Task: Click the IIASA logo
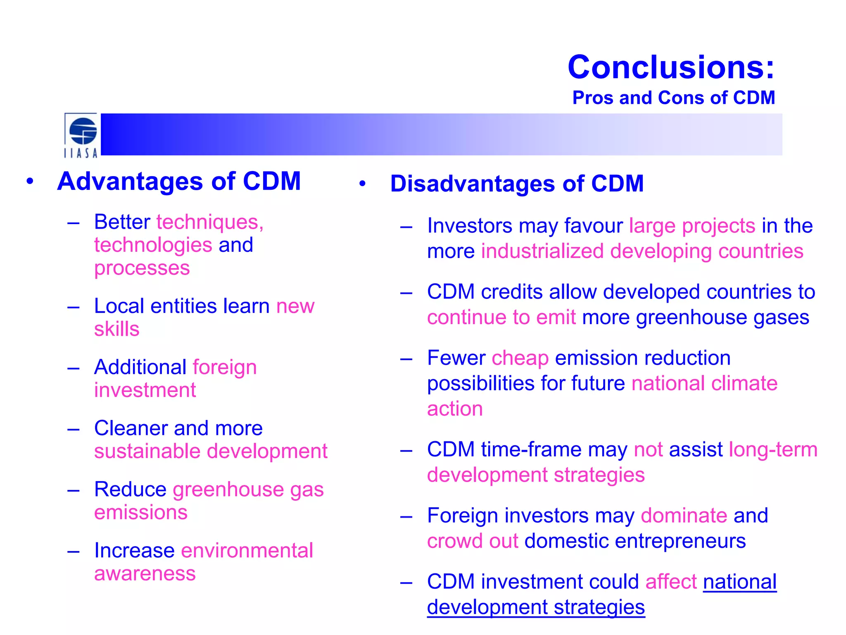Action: [81, 136]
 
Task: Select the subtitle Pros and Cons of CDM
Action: [673, 98]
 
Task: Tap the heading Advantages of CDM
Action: [179, 181]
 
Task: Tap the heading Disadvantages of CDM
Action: [517, 184]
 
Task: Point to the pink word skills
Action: [116, 329]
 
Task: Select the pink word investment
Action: [145, 390]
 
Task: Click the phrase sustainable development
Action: [211, 451]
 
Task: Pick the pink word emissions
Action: [141, 512]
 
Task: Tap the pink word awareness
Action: [145, 573]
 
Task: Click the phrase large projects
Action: [692, 226]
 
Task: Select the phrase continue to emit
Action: [501, 317]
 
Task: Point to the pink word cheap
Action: [520, 358]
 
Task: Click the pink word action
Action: [455, 409]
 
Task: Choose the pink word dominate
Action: [684, 516]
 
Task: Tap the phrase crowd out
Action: [472, 541]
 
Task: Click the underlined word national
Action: [739, 582]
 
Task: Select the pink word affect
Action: [671, 582]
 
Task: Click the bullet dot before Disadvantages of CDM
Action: [362, 184]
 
